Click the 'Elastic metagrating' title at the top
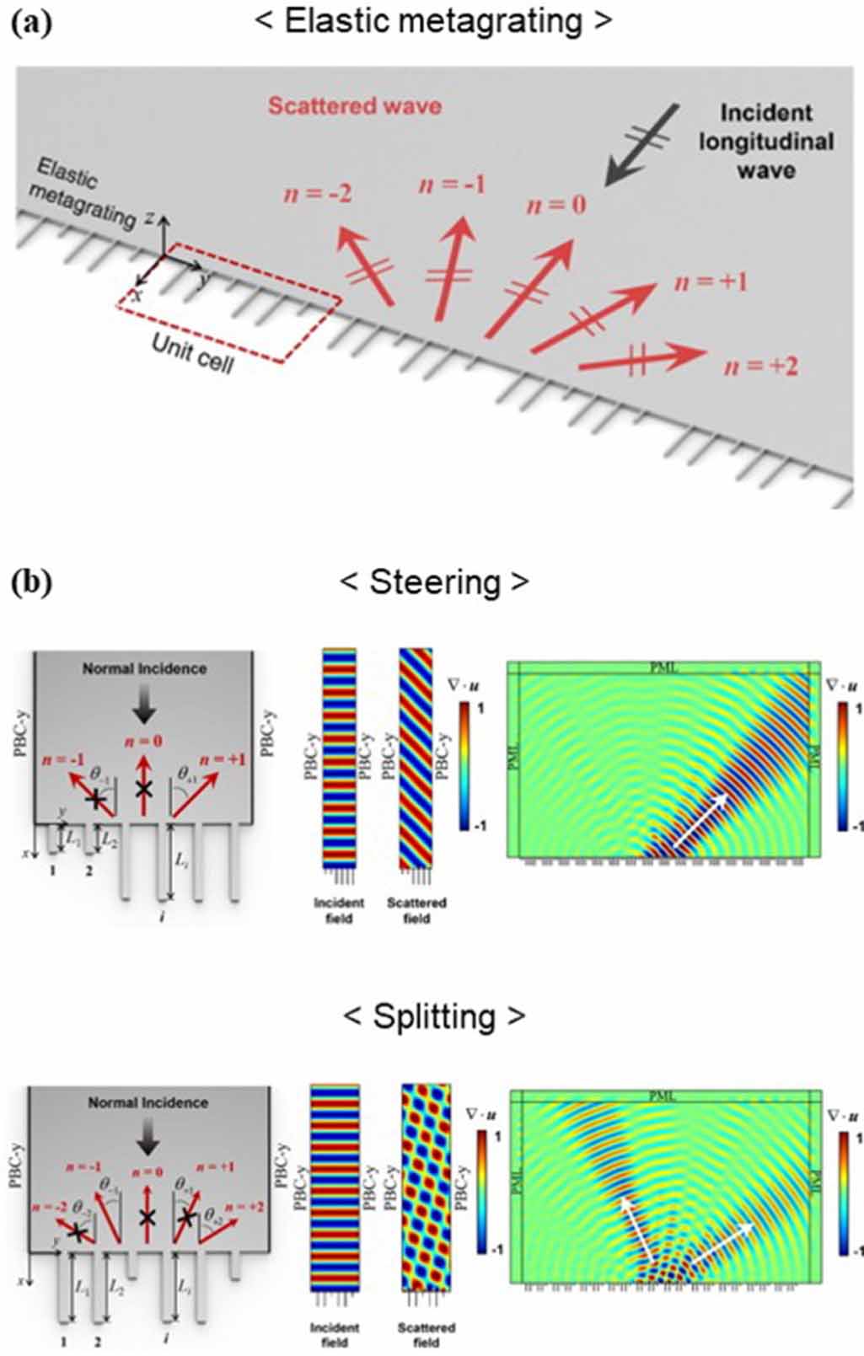coord(433,21)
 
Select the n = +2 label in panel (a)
coord(761,367)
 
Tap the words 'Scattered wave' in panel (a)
coord(354,106)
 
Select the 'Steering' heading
coord(433,582)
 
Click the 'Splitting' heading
coord(433,1016)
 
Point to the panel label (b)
coord(32,582)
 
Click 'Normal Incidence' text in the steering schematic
coord(144,668)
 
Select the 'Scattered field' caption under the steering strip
coord(416,910)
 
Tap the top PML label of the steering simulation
coord(663,667)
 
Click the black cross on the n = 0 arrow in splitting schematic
coord(148,1218)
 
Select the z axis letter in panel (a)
coord(149,218)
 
